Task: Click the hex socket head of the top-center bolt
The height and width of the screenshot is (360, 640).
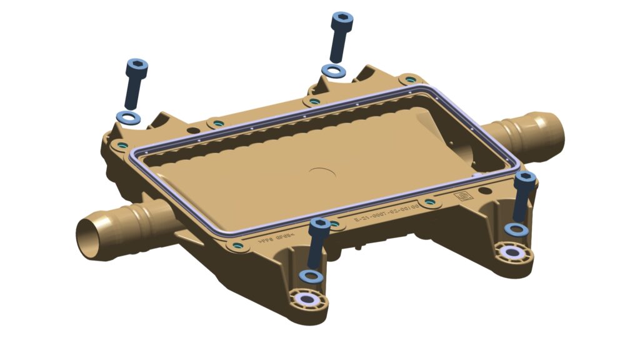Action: click(343, 19)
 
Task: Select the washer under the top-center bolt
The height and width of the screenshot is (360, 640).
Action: click(333, 71)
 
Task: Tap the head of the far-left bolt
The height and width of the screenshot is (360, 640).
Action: click(137, 66)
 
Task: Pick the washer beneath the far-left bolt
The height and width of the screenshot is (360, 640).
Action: click(128, 117)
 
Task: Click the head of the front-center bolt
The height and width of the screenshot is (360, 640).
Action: click(320, 224)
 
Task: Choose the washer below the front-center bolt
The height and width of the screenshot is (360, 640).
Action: click(311, 276)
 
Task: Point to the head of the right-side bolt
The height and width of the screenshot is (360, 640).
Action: click(525, 179)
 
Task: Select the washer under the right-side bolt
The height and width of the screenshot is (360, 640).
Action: click(517, 229)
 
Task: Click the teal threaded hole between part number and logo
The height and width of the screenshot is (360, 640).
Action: click(428, 202)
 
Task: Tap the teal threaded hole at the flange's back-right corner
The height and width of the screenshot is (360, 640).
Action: click(409, 80)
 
